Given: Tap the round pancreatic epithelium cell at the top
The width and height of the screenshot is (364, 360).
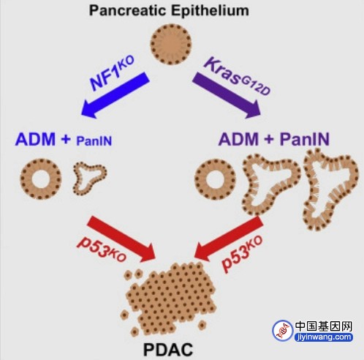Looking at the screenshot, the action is [171, 45].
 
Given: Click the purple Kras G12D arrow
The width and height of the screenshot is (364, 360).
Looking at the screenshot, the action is [227, 95].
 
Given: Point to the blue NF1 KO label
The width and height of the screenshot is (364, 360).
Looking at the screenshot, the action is [112, 73].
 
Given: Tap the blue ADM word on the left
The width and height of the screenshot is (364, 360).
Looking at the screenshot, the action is [35, 139].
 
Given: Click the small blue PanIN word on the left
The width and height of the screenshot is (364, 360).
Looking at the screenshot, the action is [94, 141].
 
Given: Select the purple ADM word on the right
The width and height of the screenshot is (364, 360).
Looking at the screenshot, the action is [238, 139].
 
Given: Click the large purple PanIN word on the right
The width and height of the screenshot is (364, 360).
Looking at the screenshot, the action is [305, 139].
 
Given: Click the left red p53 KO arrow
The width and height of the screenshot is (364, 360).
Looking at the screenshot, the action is [121, 239].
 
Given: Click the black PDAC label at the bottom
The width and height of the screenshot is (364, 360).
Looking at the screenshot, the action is [168, 350].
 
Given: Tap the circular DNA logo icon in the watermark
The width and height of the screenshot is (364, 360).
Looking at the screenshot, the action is [283, 331].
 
